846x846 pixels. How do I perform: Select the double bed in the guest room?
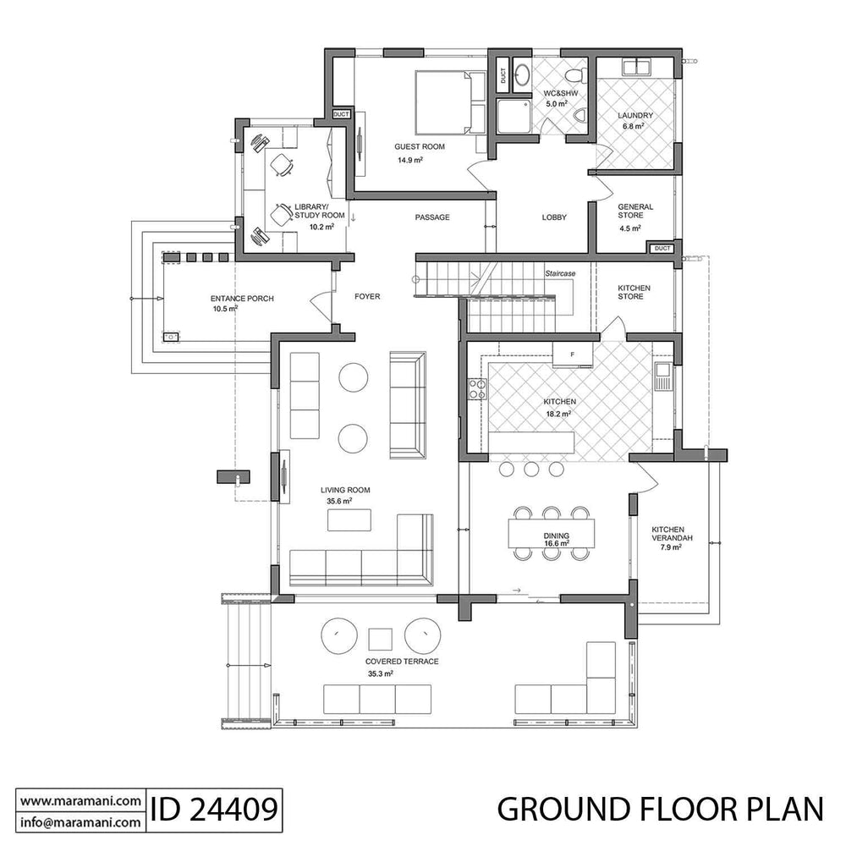tap(443, 102)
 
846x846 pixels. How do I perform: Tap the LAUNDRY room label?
tap(634, 115)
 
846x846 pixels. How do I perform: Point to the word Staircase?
tap(559, 274)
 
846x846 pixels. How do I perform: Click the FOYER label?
tap(367, 297)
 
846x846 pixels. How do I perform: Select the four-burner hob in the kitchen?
tap(478, 389)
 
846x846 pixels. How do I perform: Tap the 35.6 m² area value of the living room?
tap(339, 501)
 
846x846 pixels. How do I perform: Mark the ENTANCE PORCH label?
tap(242, 299)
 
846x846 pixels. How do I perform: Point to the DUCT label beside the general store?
tap(662, 249)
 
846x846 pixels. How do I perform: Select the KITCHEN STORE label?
tap(634, 293)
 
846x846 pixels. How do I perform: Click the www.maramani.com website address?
tap(80, 800)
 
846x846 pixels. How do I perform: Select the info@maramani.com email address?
tap(80, 821)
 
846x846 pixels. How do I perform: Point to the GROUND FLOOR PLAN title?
tap(660, 809)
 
